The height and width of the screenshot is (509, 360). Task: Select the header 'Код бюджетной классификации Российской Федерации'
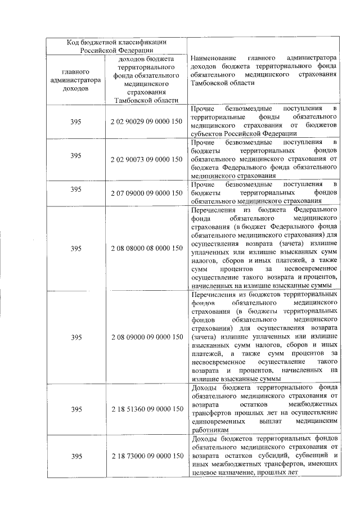pyautogui.click(x=116, y=46)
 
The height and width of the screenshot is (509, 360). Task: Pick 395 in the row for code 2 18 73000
pyautogui.click(x=76, y=455)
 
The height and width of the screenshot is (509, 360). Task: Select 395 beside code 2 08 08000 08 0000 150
pyautogui.click(x=76, y=247)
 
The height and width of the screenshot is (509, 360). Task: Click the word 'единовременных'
pyautogui.click(x=217, y=420)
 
